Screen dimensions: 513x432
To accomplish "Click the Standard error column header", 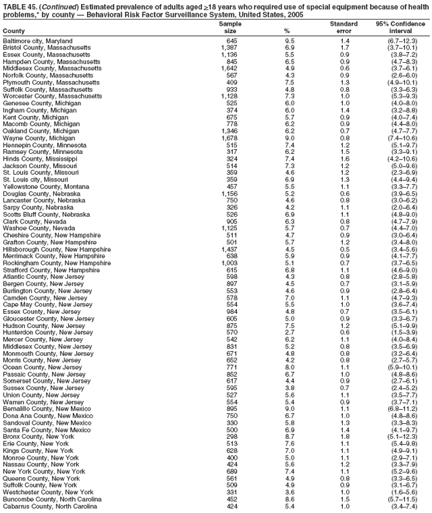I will point(344,27).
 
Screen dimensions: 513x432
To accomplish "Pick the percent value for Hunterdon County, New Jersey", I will point(289,332).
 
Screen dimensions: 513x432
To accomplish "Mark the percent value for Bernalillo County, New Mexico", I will point(289,409).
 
